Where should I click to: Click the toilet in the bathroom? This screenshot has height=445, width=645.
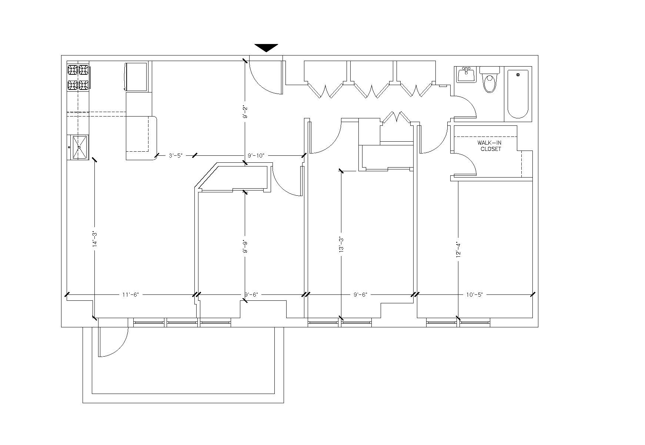pos(489,80)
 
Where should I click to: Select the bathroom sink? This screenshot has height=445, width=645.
pos(466,75)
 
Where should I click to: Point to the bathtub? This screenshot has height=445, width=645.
pos(518,94)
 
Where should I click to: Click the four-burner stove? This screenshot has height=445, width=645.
pos(78,77)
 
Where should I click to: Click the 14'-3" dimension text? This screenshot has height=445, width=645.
pos(95,239)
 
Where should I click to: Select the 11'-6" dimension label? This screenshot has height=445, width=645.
pos(130,295)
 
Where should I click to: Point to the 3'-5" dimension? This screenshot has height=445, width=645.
pos(176,156)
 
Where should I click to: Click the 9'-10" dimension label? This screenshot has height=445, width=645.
pos(256,156)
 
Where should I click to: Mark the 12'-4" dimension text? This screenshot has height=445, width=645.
pos(458,249)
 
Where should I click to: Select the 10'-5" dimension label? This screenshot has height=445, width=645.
pos(474,295)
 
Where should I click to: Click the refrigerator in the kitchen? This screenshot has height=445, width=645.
pos(137,77)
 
